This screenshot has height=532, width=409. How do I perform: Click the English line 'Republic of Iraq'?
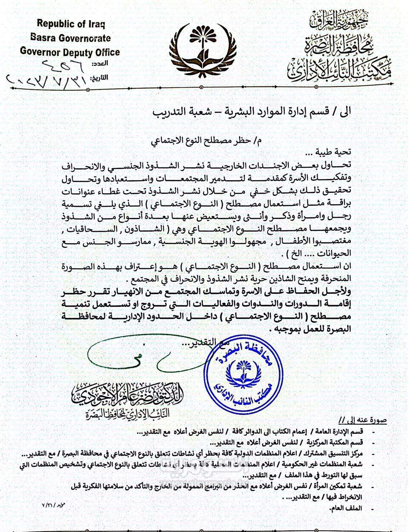pyautogui.click(x=71, y=24)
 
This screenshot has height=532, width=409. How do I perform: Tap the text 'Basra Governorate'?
pyautogui.click(x=71, y=38)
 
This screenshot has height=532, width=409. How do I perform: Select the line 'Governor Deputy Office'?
pyautogui.click(x=70, y=52)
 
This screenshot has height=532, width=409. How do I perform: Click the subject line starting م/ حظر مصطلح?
pyautogui.click(x=206, y=141)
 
